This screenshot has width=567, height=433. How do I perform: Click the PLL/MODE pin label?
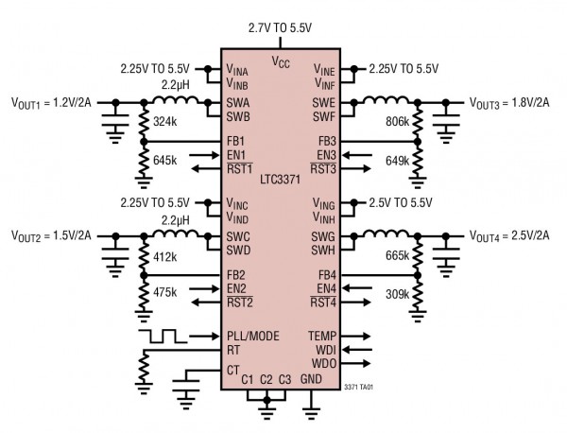tap(252, 335)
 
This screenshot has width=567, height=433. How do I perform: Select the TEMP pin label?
tap(321, 335)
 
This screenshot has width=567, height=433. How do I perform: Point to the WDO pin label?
tap(323, 363)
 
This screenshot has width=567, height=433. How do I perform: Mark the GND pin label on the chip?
tap(312, 379)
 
